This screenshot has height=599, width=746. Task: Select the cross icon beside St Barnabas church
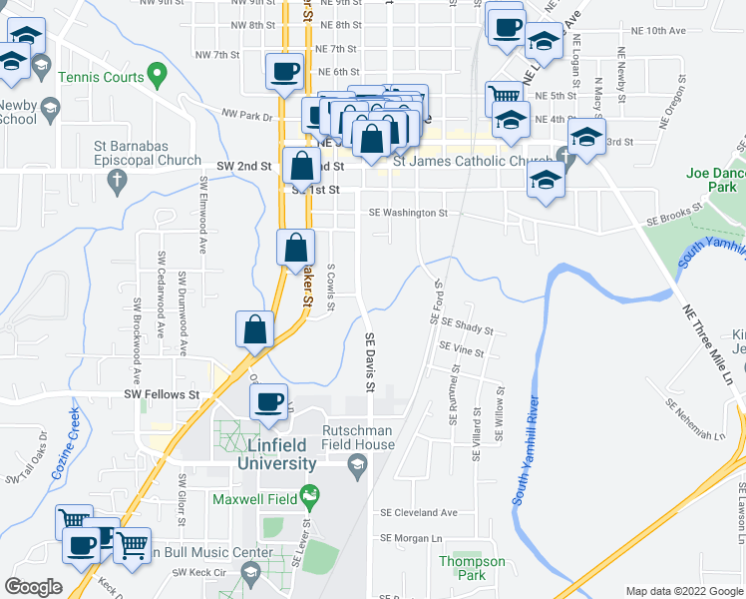click(117, 182)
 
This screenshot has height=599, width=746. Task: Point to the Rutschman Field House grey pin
click(356, 462)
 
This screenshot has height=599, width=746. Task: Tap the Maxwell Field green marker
click(310, 494)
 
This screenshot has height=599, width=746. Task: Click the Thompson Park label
click(472, 568)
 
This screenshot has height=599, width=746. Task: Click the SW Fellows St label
click(163, 394)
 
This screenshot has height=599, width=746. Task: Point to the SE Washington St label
click(408, 213)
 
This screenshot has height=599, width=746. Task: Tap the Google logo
click(34, 587)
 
